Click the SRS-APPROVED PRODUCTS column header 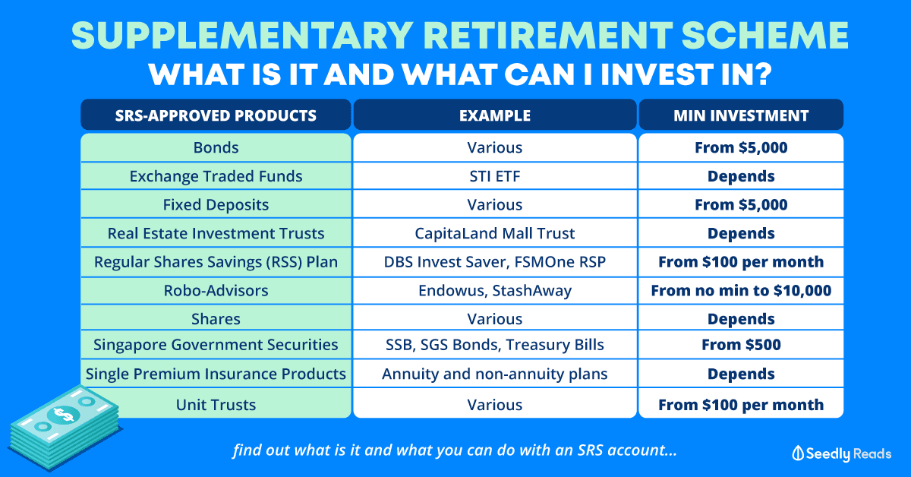coord(216,115)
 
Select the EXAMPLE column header coord(494,115)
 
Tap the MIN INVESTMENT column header coord(741,115)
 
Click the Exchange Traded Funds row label coord(216,176)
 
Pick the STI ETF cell coord(494,176)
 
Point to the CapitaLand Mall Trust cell coord(494,233)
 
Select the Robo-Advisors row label coord(216,291)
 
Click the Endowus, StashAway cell coord(494,291)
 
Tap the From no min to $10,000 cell coord(741,291)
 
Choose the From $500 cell coord(741,345)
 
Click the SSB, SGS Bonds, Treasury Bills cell coord(494,345)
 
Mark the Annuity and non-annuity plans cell coord(494,374)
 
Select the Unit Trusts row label coord(216,405)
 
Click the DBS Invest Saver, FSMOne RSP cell coord(494,262)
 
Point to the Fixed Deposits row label coord(216,205)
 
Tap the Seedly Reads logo coord(841,453)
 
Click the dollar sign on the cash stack coord(64,415)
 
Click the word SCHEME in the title coord(764,35)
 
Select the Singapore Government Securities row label coord(216,345)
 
